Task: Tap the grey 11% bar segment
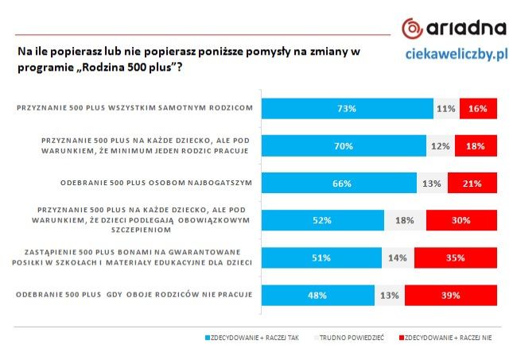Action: [445, 108]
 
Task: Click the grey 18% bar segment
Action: [405, 220]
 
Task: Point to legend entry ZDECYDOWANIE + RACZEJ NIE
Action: [448, 338]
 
